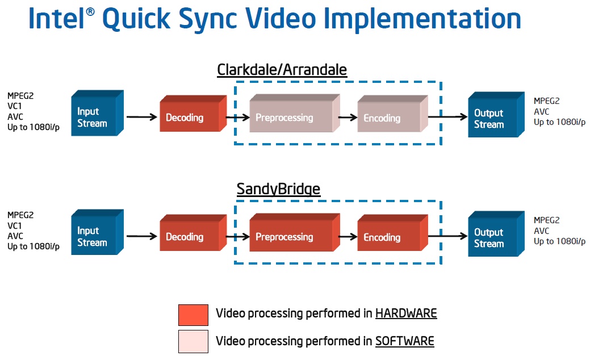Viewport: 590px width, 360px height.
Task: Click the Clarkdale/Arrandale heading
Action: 282,70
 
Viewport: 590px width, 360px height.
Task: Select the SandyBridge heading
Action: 278,189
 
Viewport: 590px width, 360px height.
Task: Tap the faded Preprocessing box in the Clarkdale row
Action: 295,113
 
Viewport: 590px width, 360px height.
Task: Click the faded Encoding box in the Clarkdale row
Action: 392,114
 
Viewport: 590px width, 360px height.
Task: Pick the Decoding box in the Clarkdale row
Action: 193,113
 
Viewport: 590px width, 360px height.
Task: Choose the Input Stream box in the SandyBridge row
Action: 98,232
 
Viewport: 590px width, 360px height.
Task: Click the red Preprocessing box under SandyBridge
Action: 295,232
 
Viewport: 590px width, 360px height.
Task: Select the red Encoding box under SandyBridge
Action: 392,232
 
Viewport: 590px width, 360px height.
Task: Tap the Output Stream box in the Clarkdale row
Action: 496,114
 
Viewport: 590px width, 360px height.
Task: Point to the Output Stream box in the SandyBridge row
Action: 496,233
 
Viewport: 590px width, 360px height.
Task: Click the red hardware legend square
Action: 194,315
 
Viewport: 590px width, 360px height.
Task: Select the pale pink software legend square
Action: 194,342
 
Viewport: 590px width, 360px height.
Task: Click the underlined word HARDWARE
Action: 407,313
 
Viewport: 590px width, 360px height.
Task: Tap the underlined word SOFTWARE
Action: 405,341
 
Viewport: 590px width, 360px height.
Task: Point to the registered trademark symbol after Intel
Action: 90,12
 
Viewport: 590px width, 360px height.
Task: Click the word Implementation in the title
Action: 422,19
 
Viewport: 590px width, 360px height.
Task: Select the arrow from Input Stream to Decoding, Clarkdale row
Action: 142,117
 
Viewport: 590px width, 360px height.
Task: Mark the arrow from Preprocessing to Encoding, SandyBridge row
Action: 348,237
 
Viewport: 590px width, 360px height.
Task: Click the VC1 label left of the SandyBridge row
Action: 15,225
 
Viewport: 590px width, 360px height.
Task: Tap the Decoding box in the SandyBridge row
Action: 193,232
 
